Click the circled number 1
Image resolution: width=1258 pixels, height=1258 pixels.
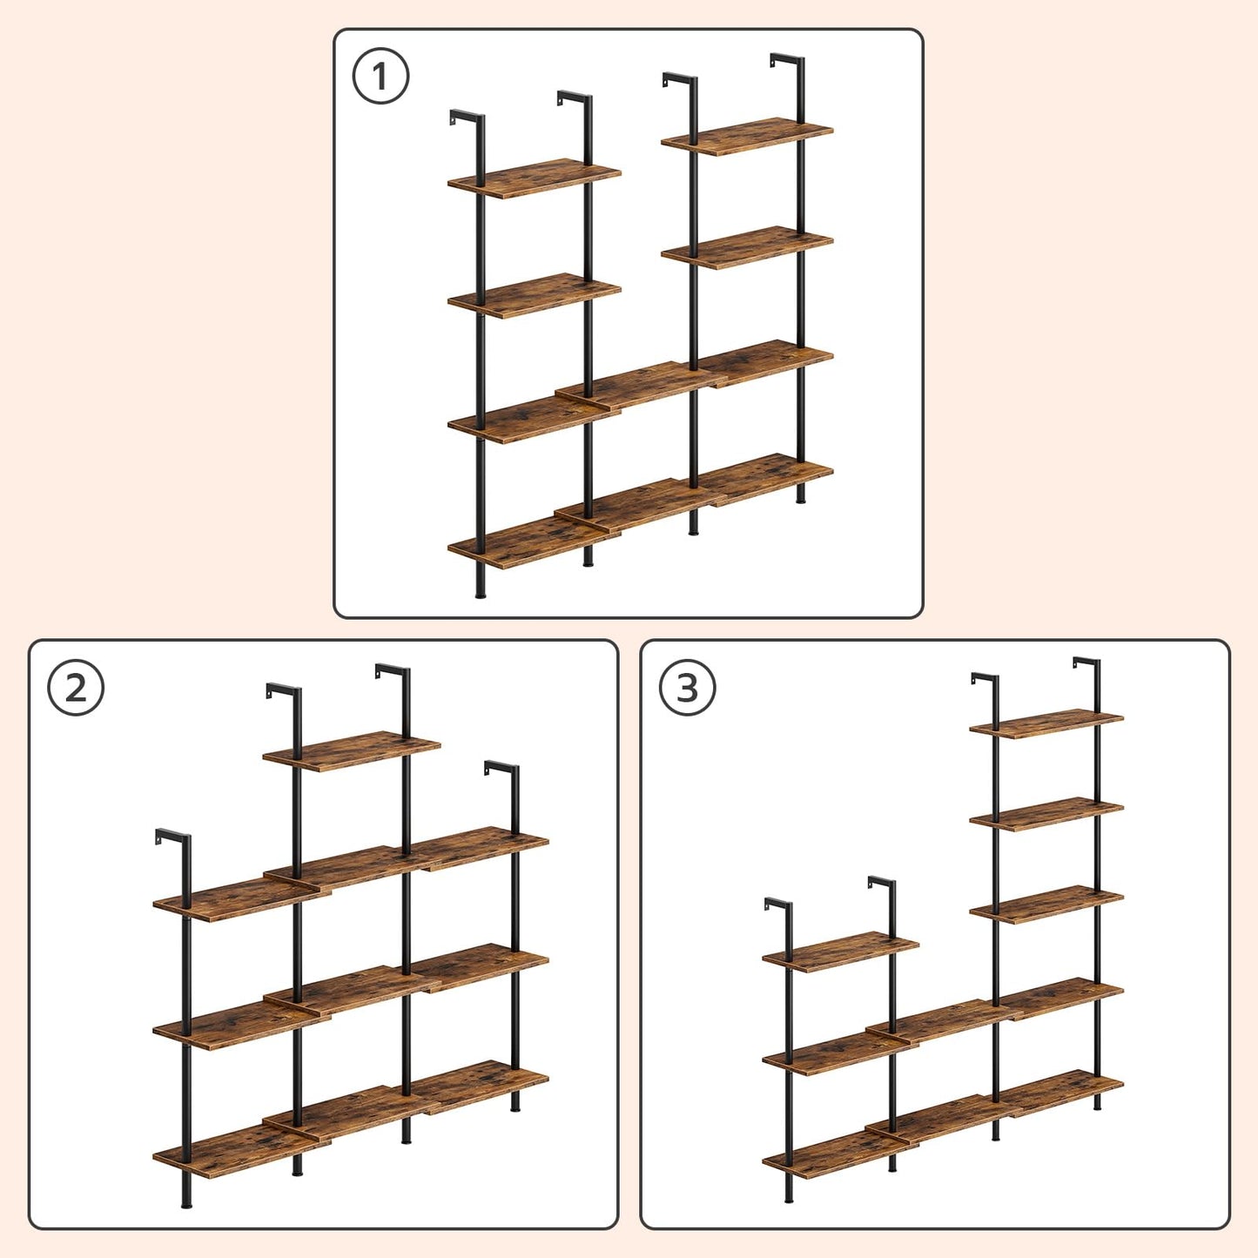coord(380,77)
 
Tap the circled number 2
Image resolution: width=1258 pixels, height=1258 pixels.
coord(76,688)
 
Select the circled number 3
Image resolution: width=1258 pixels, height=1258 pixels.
coord(687,688)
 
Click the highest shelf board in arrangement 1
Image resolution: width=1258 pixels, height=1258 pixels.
coord(747,137)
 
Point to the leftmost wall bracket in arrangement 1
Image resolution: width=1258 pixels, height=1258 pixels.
coord(465,118)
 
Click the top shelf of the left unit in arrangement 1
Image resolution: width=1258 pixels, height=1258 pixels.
coord(534,178)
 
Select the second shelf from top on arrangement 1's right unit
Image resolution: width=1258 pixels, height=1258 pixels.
coord(747,247)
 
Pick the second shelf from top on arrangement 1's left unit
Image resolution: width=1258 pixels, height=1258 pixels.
coord(534,296)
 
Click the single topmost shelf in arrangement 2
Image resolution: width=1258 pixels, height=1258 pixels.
coord(351,750)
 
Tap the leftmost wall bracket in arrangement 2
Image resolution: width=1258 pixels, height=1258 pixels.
coord(171,837)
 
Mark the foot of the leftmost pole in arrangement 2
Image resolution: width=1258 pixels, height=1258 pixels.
coord(186,1202)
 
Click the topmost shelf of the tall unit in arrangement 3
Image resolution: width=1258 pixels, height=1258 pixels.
coord(1046,723)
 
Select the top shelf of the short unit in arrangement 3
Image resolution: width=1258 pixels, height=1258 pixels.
coord(840,952)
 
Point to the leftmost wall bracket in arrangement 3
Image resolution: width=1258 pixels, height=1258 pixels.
coord(777,905)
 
